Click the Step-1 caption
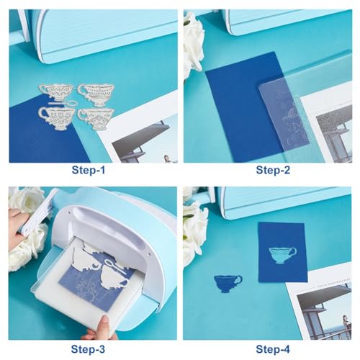pos(89,171)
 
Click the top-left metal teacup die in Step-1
pos(57,92)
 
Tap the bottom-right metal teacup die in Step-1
pos(96,117)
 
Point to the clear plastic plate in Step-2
pos(288,115)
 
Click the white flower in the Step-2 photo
pos(193,40)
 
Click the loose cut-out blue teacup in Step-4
pos(228,282)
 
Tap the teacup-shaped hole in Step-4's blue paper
pos(282,254)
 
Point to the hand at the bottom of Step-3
pos(99,330)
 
